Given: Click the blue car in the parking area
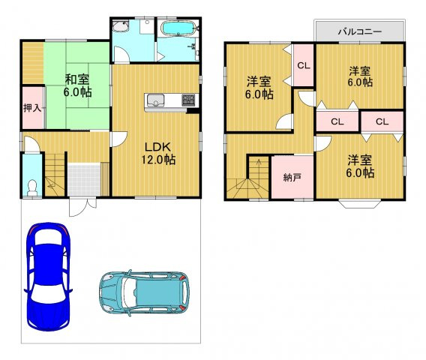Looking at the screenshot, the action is (48, 277).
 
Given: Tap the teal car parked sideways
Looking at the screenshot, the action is (144, 292).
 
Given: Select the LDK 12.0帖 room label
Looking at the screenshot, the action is (157, 154).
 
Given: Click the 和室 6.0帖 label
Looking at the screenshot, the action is (77, 85).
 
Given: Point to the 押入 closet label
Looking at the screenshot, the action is (32, 108).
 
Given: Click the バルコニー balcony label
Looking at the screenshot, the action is (360, 31).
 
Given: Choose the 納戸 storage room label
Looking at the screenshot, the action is (292, 178).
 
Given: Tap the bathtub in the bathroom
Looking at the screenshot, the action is (178, 28).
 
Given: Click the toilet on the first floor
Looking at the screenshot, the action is (32, 187).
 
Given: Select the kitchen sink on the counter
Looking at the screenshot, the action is (155, 100).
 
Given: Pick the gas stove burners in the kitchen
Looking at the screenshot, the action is (188, 100).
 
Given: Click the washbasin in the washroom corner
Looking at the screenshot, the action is (120, 27).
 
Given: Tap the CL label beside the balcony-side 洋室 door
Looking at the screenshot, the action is (304, 65).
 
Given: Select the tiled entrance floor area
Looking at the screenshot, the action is (85, 179).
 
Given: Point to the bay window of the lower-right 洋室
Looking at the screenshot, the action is (359, 204).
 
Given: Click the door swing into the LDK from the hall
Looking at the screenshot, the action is (119, 139).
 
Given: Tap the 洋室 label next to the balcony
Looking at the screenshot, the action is (360, 71).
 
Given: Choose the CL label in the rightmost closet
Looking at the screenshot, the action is (382, 121).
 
